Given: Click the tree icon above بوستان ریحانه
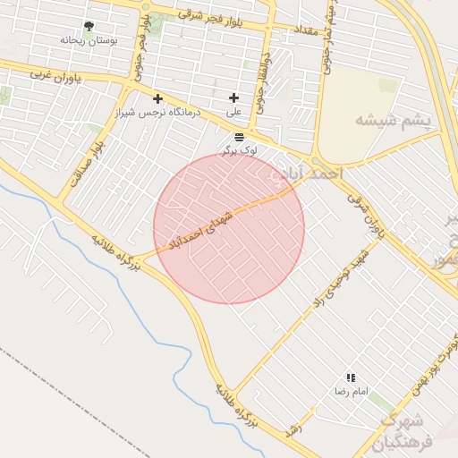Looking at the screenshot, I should pyautogui.click(x=88, y=27).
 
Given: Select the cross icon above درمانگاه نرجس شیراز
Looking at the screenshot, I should pyautogui.click(x=158, y=98).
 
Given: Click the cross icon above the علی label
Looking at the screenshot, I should pyautogui.click(x=234, y=98).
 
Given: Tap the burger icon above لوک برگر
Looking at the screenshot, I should pyautogui.click(x=239, y=137).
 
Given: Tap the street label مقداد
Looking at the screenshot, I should pyautogui.click(x=300, y=30).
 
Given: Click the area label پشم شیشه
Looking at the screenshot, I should pyautogui.click(x=393, y=120).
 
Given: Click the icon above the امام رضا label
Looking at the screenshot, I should pyautogui.click(x=351, y=378).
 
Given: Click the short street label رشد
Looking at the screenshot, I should pyautogui.click(x=293, y=431).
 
